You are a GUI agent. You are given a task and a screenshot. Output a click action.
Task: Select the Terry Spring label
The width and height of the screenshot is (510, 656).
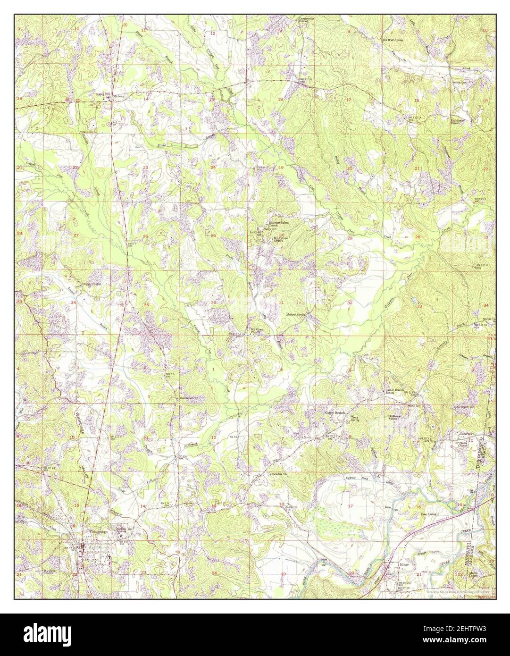353,418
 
